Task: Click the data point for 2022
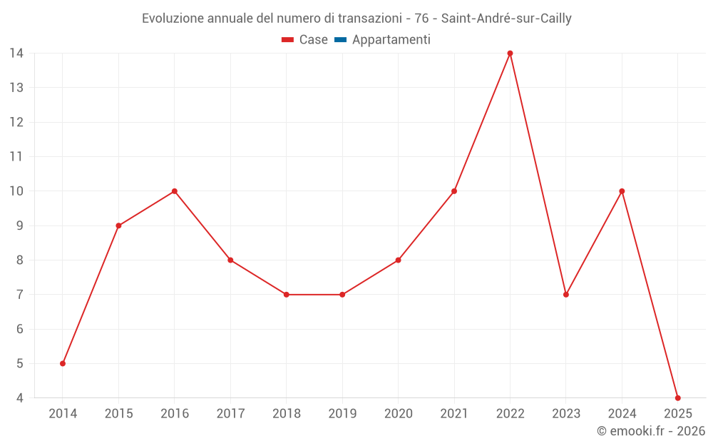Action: tap(510, 54)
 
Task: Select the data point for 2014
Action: tap(63, 363)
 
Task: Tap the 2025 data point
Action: tap(677, 397)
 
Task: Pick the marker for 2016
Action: tap(175, 191)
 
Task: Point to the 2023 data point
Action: tap(566, 295)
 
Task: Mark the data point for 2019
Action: tap(342, 295)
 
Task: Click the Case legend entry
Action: tap(305, 40)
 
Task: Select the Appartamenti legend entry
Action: tap(383, 40)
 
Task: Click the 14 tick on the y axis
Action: tap(16, 54)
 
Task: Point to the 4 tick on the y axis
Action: tap(20, 398)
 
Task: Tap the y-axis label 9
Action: tap(20, 225)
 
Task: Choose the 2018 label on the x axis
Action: tap(287, 414)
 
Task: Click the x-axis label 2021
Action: tap(454, 414)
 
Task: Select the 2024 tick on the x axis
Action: tap(622, 414)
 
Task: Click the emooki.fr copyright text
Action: tap(651, 431)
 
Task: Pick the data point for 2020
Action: tap(398, 260)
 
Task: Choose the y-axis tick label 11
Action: tap(16, 157)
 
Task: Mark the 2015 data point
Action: tap(118, 225)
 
